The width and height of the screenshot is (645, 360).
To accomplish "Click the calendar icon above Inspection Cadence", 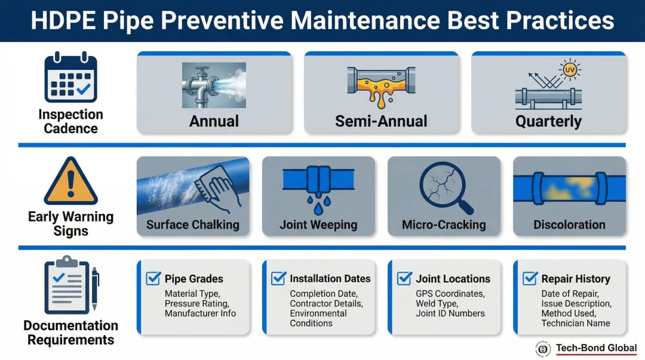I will (x=70, y=78).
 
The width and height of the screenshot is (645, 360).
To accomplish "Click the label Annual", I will (x=214, y=121).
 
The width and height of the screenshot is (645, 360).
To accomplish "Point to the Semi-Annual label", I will (x=381, y=121).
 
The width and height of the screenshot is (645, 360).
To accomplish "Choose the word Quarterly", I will (x=548, y=121).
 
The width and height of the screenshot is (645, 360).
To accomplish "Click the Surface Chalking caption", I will (x=193, y=224).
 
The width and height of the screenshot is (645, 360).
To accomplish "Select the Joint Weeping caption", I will (x=318, y=224).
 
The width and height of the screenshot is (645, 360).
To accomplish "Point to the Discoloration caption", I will (x=569, y=224).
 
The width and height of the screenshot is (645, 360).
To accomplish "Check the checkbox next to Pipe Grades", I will (x=153, y=278).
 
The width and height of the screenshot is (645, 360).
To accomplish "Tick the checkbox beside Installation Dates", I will (x=278, y=278).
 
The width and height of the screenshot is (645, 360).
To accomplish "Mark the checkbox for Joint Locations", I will (x=404, y=278).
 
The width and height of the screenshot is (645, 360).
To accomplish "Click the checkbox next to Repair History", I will (x=530, y=278).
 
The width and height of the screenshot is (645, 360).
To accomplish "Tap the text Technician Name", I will (x=575, y=323).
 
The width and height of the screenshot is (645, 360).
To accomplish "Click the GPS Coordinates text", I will (x=450, y=294).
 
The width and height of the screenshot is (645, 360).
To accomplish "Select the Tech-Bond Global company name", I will (x=596, y=347).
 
